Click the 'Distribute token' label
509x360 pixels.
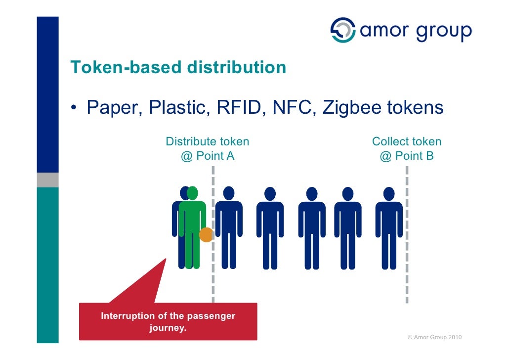(x=207, y=142)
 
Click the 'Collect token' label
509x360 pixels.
(x=406, y=142)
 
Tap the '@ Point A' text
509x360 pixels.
(x=207, y=156)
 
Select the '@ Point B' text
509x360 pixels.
(x=406, y=156)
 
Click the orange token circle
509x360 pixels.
(x=206, y=234)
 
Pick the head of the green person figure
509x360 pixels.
(x=193, y=193)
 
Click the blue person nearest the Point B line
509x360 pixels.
(x=389, y=227)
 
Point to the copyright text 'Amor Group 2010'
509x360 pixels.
(x=434, y=337)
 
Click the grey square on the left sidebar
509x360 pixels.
(x=47, y=180)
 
